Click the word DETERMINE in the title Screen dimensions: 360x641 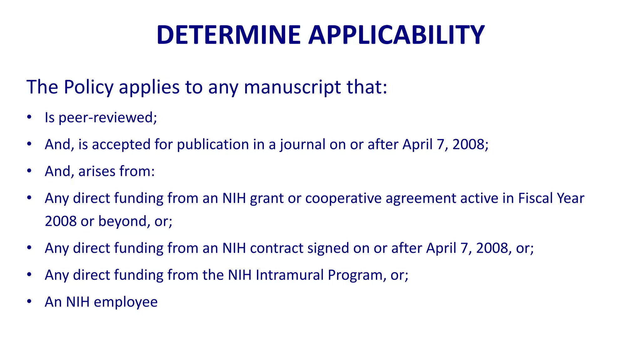(x=228, y=35)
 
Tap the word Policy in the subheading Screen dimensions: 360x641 (x=89, y=87)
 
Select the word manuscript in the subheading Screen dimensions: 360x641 (x=292, y=88)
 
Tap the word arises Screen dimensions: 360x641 (x=97, y=171)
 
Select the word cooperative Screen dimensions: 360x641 (x=343, y=199)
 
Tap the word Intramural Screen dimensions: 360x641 (x=290, y=275)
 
